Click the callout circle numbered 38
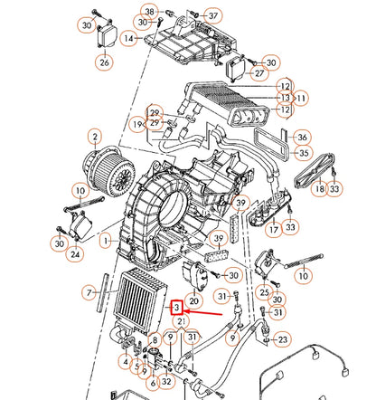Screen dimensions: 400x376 pos(148,11)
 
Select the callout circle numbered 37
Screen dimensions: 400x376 pos(212,16)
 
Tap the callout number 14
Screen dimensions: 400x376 pos(128,38)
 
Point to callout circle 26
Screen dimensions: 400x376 pos(105,62)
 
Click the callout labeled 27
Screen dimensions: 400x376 pos(259,73)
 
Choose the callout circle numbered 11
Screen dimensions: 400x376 pos(302,97)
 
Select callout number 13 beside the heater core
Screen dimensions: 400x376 pos(285,97)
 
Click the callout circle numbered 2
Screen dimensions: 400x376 pos(94,137)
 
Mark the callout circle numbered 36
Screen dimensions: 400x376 pos(302,138)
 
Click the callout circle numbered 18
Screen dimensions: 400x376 pos(318,190)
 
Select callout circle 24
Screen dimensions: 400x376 pos(76,255)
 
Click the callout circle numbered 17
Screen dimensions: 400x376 pos(273,230)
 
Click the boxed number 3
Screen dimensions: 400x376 pos(178,308)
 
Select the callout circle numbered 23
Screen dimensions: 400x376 pos(283,339)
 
